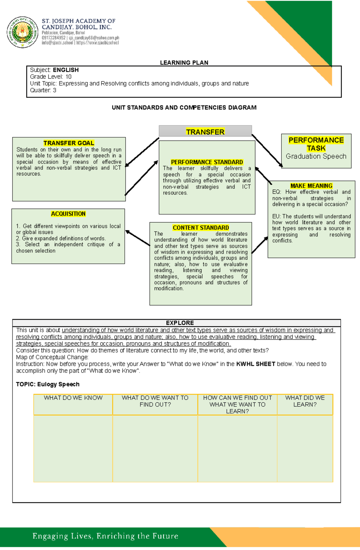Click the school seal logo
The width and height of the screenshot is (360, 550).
pyautogui.click(x=22, y=32)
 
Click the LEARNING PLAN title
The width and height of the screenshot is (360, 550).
pyautogui.click(x=184, y=63)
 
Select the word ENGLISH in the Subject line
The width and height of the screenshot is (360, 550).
pyautogui.click(x=66, y=70)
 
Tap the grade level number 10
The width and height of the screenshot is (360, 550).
pyautogui.click(x=68, y=77)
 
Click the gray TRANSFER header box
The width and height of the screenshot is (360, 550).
pyautogui.click(x=205, y=131)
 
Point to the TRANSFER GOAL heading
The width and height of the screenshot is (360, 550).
pyautogui.click(x=69, y=143)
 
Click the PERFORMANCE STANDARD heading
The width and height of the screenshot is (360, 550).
pyautogui.click(x=207, y=162)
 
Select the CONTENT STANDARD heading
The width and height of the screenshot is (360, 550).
pyautogui.click(x=201, y=228)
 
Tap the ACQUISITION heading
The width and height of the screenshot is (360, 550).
pyautogui.click(x=68, y=214)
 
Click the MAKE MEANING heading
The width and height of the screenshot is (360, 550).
pyautogui.click(x=311, y=186)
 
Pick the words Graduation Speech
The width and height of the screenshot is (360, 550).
pyautogui.click(x=316, y=156)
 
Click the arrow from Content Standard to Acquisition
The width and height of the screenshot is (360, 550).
pyautogui.click(x=138, y=238)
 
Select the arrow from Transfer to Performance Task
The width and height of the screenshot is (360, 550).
pyautogui.click(x=267, y=150)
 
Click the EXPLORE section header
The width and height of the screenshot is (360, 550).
pyautogui.click(x=180, y=323)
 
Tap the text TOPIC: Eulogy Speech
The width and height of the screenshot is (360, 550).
pyautogui.click(x=48, y=384)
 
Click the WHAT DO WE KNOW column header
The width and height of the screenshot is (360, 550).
pyautogui.click(x=73, y=398)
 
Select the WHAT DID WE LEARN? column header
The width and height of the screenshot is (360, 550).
pyautogui.click(x=305, y=401)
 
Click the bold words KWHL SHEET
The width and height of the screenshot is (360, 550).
pyautogui.click(x=256, y=364)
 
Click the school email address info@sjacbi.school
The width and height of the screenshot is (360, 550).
pyautogui.click(x=57, y=43)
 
